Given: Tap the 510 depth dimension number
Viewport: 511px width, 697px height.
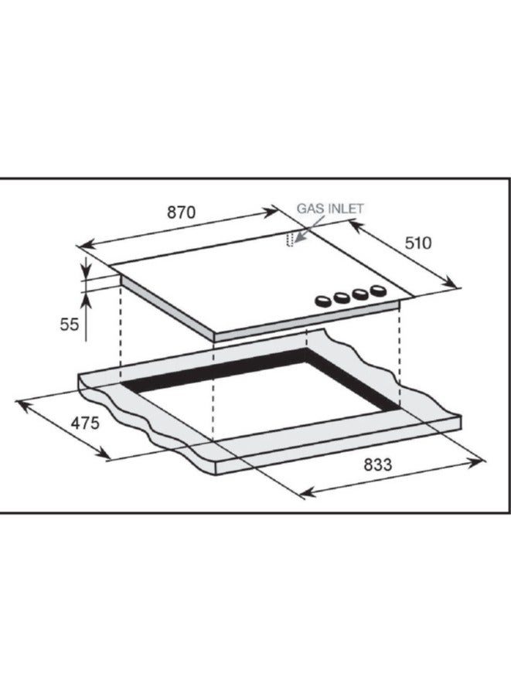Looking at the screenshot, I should pyautogui.click(x=417, y=243).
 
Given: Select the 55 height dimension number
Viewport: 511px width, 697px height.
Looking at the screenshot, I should pyautogui.click(x=70, y=325).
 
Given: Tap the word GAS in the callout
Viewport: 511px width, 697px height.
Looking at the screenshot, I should pyautogui.click(x=309, y=209).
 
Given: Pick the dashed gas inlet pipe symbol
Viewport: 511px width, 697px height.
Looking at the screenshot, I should pyautogui.click(x=291, y=240).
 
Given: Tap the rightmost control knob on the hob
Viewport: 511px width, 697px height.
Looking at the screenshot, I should pyautogui.click(x=377, y=291).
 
